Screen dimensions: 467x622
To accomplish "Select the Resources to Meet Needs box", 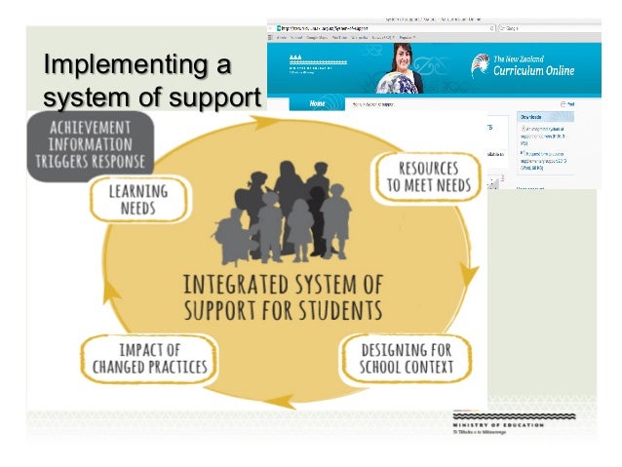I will click(426, 176).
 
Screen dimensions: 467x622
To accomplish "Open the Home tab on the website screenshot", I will click(316, 102).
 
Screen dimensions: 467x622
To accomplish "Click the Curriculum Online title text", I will click(534, 70).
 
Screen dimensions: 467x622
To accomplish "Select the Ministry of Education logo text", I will click(515, 426).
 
